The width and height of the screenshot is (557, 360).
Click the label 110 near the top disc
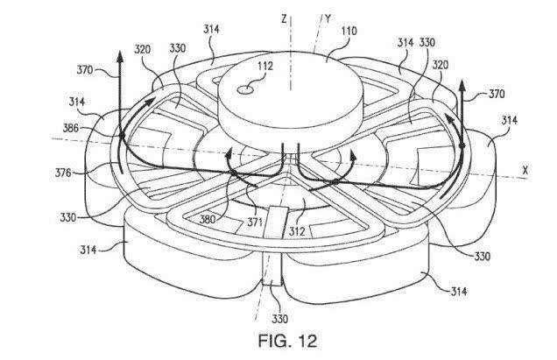tap(349, 32)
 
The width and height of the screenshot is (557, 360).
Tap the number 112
tap(265, 66)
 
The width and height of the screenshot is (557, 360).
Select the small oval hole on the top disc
tap(245, 90)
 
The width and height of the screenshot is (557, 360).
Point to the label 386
tap(70, 128)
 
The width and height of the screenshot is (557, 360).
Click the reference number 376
tap(63, 173)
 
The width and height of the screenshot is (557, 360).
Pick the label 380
tap(208, 219)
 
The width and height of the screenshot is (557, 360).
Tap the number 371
tap(255, 222)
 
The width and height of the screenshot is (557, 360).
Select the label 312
tap(297, 232)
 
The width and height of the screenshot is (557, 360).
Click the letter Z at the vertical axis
tap(284, 19)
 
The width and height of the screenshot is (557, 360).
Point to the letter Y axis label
tap(328, 18)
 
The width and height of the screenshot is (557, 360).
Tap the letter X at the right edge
tap(525, 171)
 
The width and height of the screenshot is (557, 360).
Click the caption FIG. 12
tap(287, 341)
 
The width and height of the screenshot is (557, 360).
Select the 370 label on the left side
tap(85, 70)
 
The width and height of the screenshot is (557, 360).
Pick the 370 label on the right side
tap(497, 95)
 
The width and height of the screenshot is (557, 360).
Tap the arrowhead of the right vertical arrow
tap(462, 85)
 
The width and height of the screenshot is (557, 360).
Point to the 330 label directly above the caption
tap(280, 319)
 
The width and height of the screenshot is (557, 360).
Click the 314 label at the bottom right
tap(459, 292)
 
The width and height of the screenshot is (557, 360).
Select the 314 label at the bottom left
tap(88, 250)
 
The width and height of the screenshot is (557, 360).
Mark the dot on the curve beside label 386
tap(122, 136)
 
